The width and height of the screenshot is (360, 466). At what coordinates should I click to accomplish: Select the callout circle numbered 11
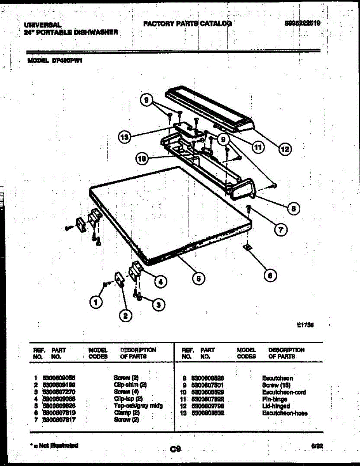pyautogui.click(x=257, y=146)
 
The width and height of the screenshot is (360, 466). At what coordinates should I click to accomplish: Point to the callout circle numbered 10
pyautogui.click(x=142, y=158)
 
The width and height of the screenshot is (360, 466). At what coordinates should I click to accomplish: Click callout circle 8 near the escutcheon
pyautogui.click(x=293, y=208)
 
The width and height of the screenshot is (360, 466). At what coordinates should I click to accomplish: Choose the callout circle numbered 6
pyautogui.click(x=270, y=275)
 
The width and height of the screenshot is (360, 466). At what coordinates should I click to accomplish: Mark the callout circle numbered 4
pyautogui.click(x=159, y=282)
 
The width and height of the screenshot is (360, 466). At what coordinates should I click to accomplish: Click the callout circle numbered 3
pyautogui.click(x=157, y=306)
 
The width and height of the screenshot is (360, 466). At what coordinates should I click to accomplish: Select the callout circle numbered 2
pyautogui.click(x=125, y=316)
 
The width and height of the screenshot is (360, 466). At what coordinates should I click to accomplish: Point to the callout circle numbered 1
pyautogui.click(x=95, y=301)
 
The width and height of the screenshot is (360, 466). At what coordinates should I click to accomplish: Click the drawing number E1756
pyautogui.click(x=305, y=327)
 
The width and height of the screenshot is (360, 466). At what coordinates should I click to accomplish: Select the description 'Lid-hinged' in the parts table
pyautogui.click(x=276, y=406)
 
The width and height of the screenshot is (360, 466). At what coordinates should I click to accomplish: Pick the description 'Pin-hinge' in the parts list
pyautogui.click(x=275, y=399)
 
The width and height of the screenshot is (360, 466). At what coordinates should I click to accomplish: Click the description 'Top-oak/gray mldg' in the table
pyautogui.click(x=138, y=406)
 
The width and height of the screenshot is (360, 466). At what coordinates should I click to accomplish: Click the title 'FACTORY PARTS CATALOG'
pyautogui.click(x=188, y=24)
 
